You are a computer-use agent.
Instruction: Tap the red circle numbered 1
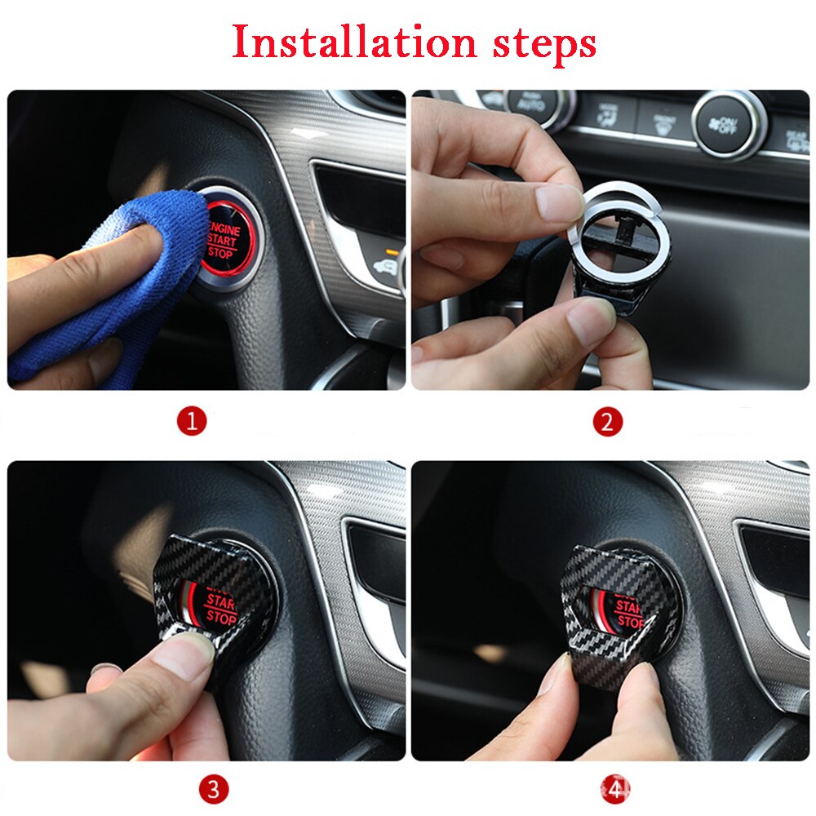click(193, 422)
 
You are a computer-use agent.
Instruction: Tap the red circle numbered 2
click(607, 422)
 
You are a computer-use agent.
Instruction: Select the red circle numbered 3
click(213, 789)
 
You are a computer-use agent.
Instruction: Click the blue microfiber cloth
click(122, 277)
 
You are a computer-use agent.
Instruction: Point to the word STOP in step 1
click(220, 253)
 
